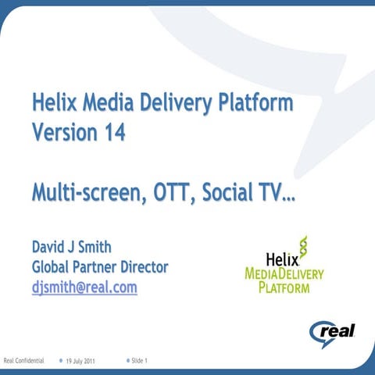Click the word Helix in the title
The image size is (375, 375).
(54, 102)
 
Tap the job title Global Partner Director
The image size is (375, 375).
(99, 267)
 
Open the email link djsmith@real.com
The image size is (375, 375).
(84, 287)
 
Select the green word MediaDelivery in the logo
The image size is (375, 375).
(284, 273)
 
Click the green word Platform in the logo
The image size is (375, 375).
(284, 287)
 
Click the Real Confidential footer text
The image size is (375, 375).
(23, 361)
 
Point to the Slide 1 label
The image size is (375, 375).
(141, 360)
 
